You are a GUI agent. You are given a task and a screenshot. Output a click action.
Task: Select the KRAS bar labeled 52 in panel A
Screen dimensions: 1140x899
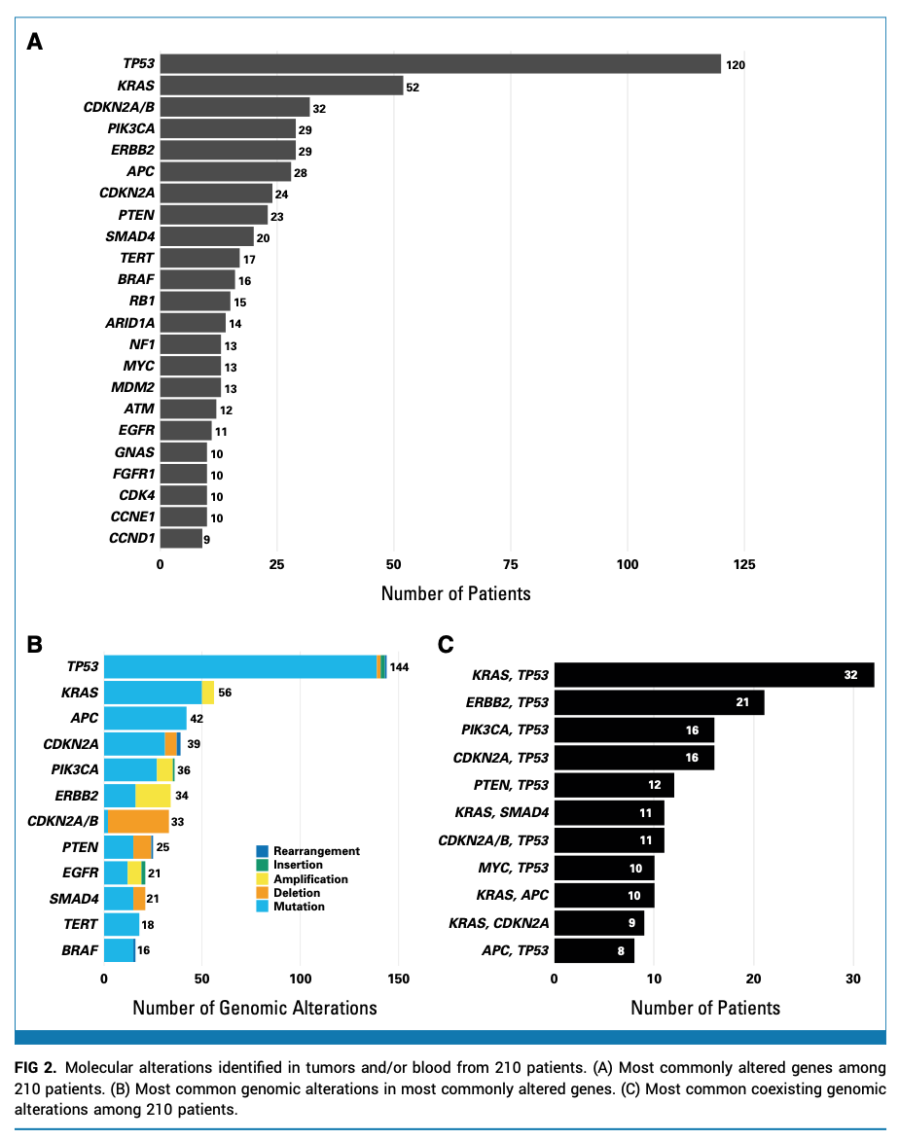[281, 86]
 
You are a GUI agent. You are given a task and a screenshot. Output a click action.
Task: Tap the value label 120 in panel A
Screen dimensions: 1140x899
[736, 65]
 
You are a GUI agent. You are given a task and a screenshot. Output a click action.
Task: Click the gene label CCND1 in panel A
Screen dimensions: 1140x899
[131, 538]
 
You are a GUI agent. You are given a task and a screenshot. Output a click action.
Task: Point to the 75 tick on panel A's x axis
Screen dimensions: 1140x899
[511, 563]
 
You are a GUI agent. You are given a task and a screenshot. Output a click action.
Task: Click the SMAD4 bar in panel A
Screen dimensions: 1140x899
[206, 236]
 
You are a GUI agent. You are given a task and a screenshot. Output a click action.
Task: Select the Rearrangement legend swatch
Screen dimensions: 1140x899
[262, 851]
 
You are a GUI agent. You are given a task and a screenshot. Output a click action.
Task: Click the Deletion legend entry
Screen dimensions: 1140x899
[296, 893]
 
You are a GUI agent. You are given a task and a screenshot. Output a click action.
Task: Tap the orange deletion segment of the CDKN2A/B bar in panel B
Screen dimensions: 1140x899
[138, 821]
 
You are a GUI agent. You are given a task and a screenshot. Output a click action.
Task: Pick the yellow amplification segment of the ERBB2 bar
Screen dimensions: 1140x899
[153, 796]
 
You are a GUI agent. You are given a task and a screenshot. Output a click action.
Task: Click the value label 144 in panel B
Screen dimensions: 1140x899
[400, 667]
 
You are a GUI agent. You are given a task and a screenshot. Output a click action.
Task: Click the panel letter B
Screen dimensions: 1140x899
[34, 644]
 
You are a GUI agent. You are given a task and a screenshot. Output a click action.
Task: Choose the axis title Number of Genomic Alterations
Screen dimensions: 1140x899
[254, 1008]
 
